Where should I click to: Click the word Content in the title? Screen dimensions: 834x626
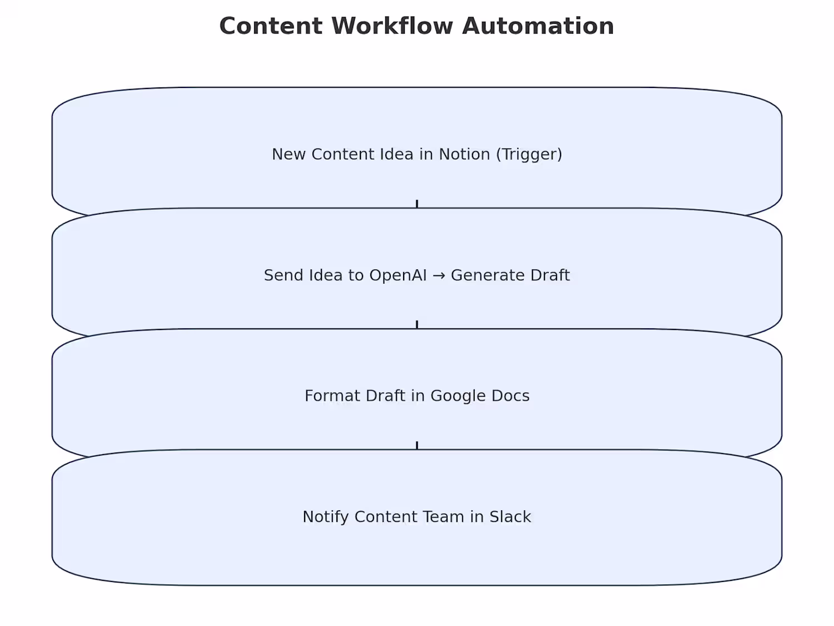[271, 26]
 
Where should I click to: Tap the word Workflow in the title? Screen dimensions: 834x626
[392, 26]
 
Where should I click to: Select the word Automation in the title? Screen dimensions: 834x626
[538, 26]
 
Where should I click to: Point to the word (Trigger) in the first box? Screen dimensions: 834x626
[529, 155]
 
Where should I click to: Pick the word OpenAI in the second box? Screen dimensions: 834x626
[398, 275]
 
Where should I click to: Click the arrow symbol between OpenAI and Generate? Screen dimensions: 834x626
[439, 275]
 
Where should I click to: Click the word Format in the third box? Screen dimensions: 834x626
[332, 396]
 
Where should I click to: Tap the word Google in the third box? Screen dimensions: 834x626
[458, 396]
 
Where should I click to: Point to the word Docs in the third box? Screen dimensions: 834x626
[510, 396]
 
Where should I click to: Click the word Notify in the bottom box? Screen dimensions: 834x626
[326, 517]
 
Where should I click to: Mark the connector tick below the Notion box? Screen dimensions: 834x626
[417, 204]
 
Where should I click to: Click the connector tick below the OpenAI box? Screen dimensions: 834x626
[417, 324]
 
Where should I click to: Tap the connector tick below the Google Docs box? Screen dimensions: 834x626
[417, 446]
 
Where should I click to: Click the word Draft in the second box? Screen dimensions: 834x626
[550, 275]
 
